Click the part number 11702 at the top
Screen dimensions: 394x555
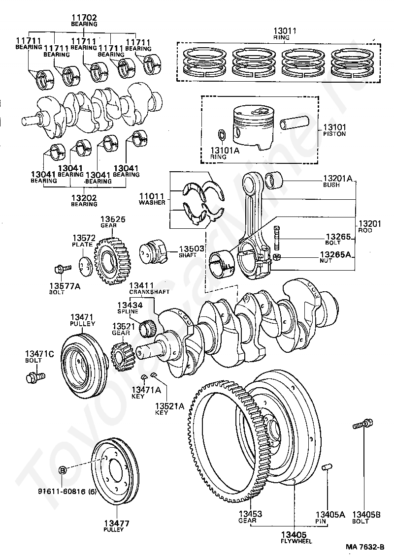coord(84,17)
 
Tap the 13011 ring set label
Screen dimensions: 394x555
coord(285,31)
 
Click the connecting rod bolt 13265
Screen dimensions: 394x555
coord(276,238)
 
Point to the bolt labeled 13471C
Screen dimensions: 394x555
coord(35,377)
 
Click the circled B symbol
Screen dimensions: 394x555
coord(63,470)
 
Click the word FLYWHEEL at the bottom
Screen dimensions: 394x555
coord(296,541)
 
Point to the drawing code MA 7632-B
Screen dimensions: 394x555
coord(365,547)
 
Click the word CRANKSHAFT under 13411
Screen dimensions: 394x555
coord(149,292)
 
